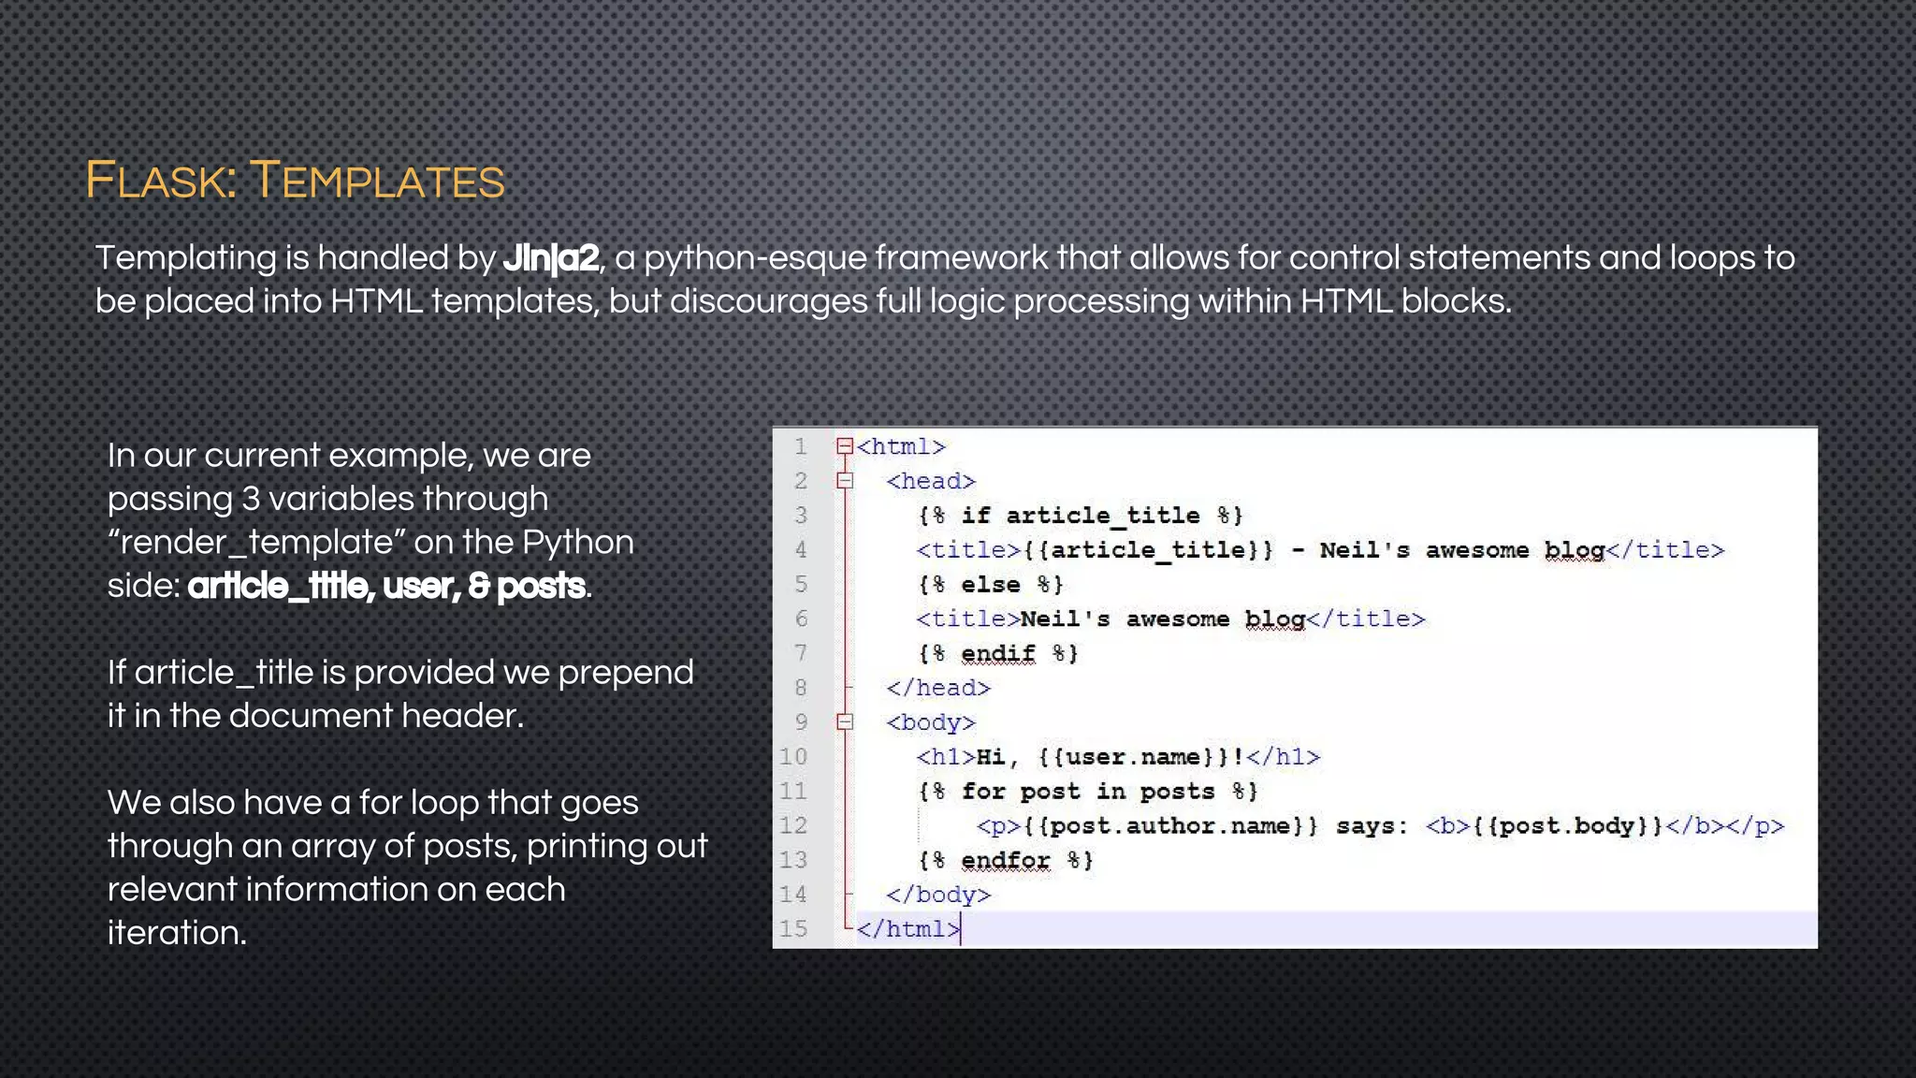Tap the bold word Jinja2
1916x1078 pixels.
click(551, 257)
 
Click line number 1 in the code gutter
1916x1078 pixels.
click(800, 446)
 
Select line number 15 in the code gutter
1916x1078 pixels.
click(793, 928)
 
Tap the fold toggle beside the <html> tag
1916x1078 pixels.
click(845, 446)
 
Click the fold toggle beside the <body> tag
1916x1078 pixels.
click(845, 721)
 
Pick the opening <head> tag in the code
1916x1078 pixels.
click(931, 481)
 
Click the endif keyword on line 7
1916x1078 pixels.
click(998, 653)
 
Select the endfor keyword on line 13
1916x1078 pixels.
click(1006, 860)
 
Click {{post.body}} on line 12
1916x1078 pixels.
click(1568, 825)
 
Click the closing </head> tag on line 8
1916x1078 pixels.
click(938, 688)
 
